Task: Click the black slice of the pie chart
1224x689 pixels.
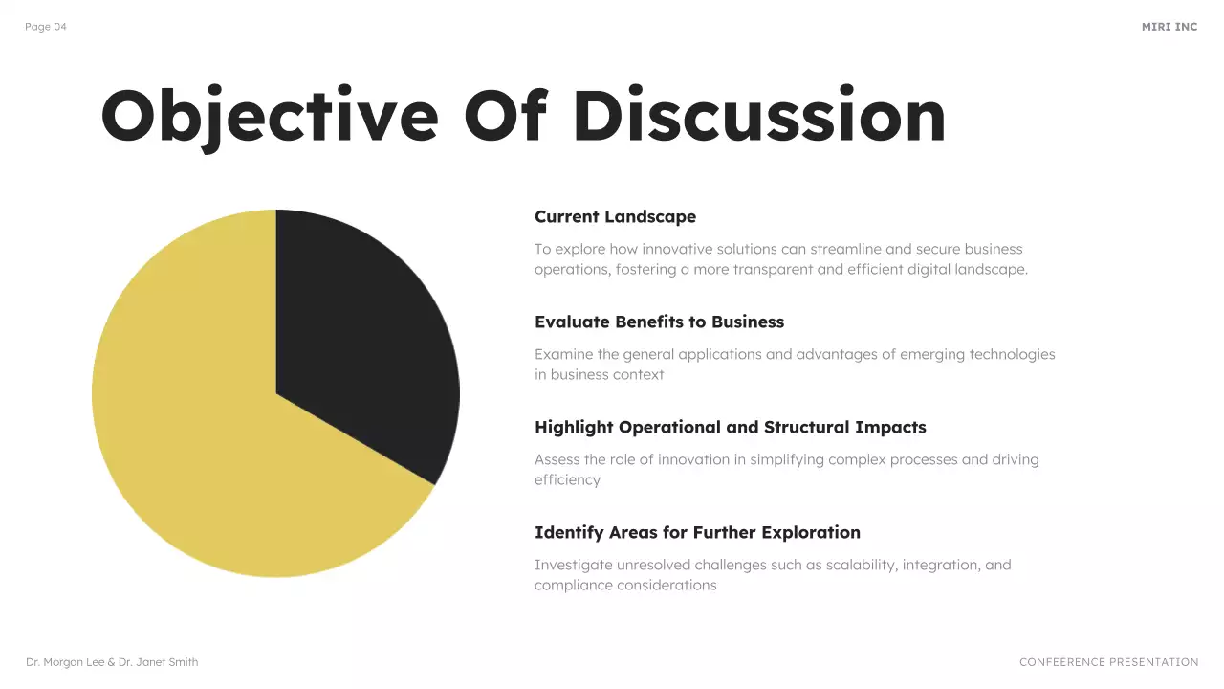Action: click(363, 344)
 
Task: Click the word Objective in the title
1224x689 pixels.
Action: click(269, 117)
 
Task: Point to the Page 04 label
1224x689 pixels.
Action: click(46, 27)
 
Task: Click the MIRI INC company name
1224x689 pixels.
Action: click(1169, 27)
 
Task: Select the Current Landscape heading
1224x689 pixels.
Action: click(615, 217)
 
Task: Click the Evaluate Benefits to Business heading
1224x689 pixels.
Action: click(659, 322)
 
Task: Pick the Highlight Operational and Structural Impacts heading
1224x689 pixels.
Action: click(730, 428)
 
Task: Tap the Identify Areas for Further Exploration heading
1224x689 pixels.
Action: click(697, 533)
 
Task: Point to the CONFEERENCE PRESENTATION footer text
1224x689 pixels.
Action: click(1108, 662)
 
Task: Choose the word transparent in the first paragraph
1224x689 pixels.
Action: click(773, 270)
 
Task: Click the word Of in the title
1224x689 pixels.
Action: click(505, 117)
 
